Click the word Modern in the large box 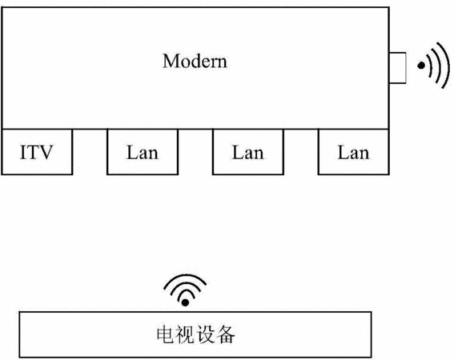click(195, 61)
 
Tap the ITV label click(37, 152)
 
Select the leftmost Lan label click(143, 152)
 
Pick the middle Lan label click(248, 152)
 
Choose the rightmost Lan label click(353, 152)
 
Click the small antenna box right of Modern click(397, 68)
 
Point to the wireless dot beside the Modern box click(421, 66)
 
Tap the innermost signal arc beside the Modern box click(429, 66)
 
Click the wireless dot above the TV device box click(185, 302)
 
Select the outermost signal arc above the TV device click(185, 276)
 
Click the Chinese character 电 click(166, 334)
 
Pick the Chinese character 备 click(225, 334)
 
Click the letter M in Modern click(171, 61)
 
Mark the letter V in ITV click(46, 152)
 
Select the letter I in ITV click(23, 152)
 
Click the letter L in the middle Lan click(238, 152)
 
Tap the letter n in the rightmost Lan click(364, 155)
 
